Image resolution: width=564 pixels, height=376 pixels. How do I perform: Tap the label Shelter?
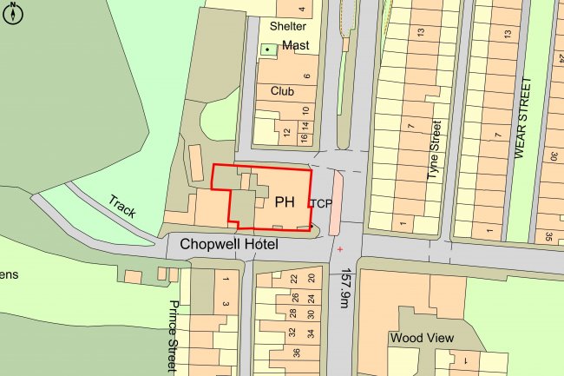pos(288,26)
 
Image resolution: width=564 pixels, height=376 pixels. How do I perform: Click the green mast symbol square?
pos(267,49)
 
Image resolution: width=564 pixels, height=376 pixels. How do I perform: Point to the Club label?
pos(282,90)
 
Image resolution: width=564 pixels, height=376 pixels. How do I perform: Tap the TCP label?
pos(321,203)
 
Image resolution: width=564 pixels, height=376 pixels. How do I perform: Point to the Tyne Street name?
pos(436,152)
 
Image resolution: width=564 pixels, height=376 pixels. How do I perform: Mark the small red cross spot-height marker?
pos(339,250)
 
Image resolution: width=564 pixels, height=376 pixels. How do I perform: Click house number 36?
pos(295,353)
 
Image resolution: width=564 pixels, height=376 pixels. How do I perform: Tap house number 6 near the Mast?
pos(306,76)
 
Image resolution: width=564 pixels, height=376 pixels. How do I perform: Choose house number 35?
pos(549,235)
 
